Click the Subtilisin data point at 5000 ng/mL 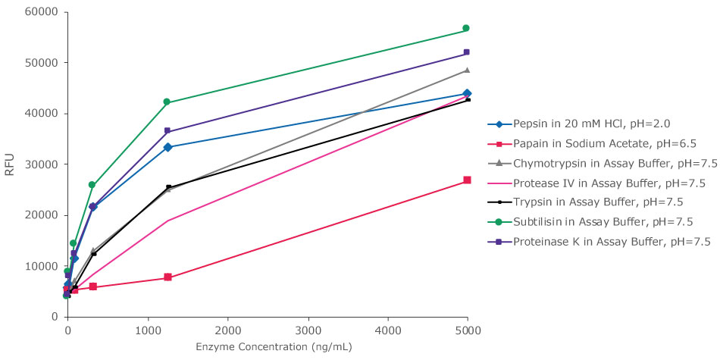point(466,28)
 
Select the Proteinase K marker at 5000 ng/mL point(466,52)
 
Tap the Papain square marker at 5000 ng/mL point(467,180)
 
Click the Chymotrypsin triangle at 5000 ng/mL point(467,70)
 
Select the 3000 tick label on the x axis point(307,330)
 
